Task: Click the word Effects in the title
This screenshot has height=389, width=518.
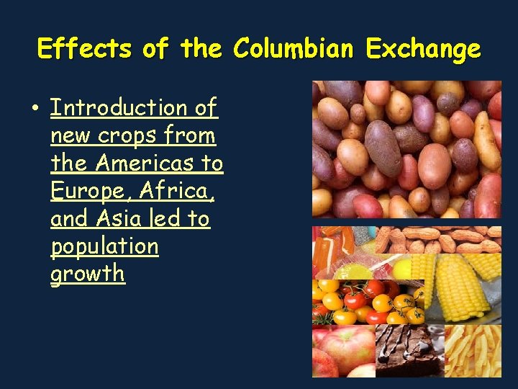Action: point(86,49)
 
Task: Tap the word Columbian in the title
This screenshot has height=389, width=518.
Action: point(293,49)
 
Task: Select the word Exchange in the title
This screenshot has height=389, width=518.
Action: point(422,49)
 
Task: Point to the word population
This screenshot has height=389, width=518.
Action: point(104,246)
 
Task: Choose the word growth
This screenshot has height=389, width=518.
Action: point(87,274)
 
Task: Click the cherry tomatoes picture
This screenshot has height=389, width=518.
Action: point(367,300)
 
